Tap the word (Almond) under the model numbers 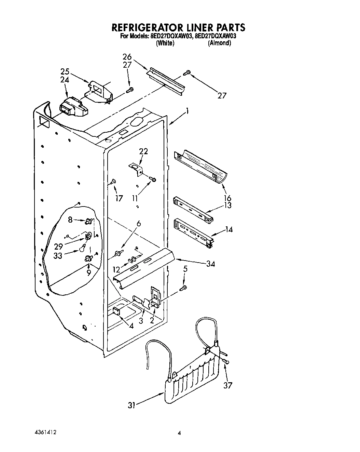point(219,43)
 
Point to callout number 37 point(228,385)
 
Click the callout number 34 point(210,264)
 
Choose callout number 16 point(227,198)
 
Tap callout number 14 point(229,229)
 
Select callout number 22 point(143,151)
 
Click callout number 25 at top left point(65,72)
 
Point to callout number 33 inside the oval point(58,255)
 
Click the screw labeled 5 point(184,288)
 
